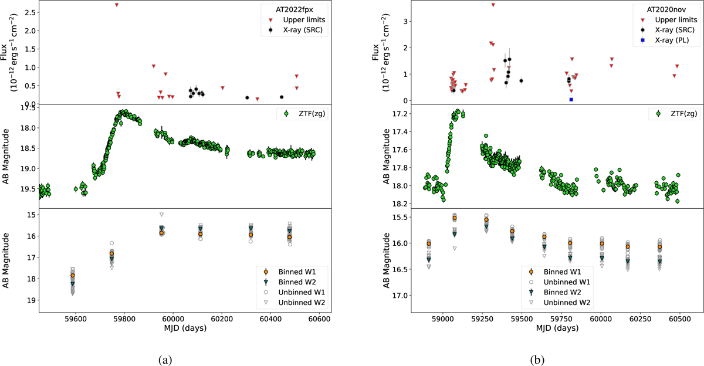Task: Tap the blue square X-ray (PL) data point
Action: pos(571,100)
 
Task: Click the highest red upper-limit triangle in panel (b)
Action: pos(493,5)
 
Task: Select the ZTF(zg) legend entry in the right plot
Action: pos(675,113)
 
